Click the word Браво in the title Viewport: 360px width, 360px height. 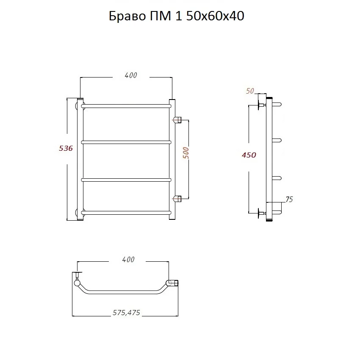click(127, 16)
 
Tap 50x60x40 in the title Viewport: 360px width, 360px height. click(215, 16)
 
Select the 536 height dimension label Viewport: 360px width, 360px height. click(66, 148)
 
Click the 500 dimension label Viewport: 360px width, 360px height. click(186, 153)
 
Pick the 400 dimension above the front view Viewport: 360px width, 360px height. click(131, 75)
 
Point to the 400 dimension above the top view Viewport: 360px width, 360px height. click(128, 260)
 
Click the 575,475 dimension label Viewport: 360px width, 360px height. click(126, 313)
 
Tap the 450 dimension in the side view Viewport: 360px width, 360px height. click(249, 155)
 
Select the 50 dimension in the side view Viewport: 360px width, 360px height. click(250, 91)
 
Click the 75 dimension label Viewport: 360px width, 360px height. click(289, 199)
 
